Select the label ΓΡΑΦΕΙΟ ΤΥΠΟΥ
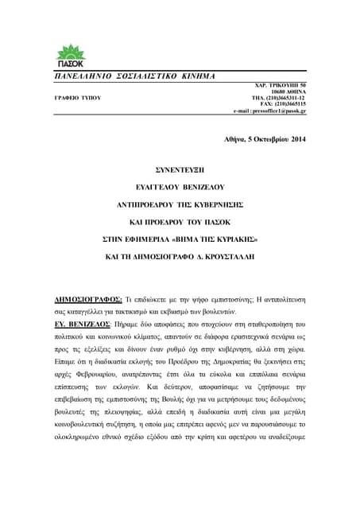coord(77,97)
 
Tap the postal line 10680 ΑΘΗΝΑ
coord(288,91)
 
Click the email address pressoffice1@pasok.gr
coord(276,111)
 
